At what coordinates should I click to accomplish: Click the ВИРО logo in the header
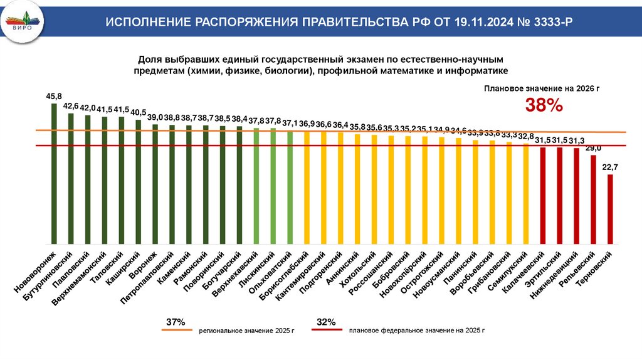point(23,22)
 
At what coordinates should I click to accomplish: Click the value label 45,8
point(54,97)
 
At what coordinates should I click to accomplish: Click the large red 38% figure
point(544,106)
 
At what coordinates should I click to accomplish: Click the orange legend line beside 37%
point(176,329)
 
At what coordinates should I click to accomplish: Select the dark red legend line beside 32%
point(326,329)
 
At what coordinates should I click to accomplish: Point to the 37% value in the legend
point(176,322)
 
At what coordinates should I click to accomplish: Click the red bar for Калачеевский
point(543,195)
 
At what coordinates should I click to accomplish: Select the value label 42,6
point(71,106)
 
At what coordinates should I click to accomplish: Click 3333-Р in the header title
point(552,23)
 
